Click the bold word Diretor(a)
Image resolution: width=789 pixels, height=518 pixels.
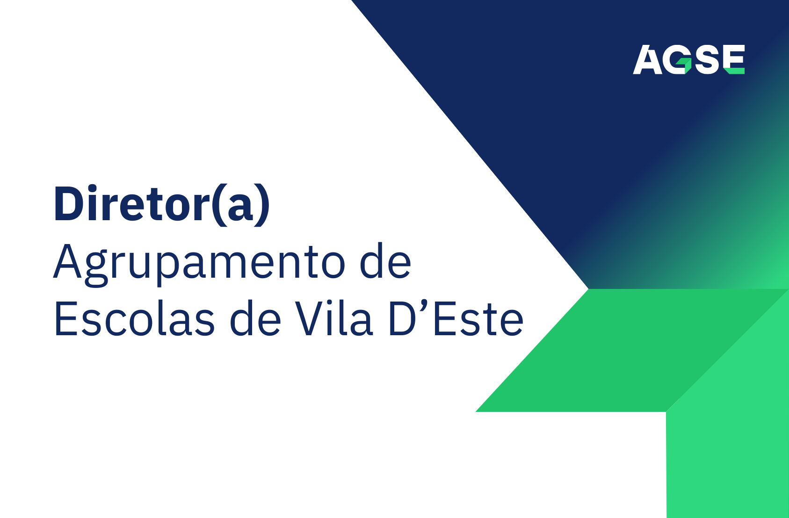162,205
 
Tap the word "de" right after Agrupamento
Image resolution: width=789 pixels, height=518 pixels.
385,261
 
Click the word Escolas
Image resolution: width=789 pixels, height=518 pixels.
134,318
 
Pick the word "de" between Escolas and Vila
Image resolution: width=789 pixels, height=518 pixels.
255,318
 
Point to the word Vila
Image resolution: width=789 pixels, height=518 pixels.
333,318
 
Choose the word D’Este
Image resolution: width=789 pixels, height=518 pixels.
456,318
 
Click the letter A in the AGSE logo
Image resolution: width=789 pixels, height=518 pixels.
647,59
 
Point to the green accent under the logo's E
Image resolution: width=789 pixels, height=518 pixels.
736,71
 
